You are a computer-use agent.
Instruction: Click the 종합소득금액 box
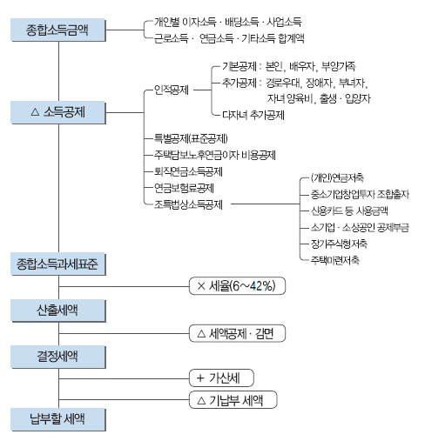pyautogui.click(x=58, y=30)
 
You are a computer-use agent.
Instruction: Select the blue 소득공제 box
pyautogui.click(x=58, y=112)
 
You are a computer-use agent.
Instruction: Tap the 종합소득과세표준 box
pyautogui.click(x=58, y=264)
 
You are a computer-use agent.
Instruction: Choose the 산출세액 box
pyautogui.click(x=58, y=311)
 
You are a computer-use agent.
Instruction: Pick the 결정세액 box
pyautogui.click(x=58, y=357)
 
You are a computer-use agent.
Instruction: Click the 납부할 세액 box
pyautogui.click(x=58, y=419)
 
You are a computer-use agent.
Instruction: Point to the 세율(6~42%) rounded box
pyautogui.click(x=237, y=286)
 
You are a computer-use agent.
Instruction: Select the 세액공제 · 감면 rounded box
pyautogui.click(x=237, y=333)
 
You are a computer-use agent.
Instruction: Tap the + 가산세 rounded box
pyautogui.click(x=221, y=378)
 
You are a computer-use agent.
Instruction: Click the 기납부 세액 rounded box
pyautogui.click(x=233, y=400)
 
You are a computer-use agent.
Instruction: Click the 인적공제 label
pyautogui.click(x=172, y=90)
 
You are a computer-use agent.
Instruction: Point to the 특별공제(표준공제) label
pyautogui.click(x=191, y=138)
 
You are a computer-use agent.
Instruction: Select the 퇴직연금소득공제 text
pyautogui.click(x=188, y=171)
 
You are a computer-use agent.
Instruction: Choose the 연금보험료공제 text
pyautogui.click(x=184, y=188)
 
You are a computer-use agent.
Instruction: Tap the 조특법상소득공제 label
pyautogui.click(x=188, y=204)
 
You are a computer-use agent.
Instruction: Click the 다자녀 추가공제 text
pyautogui.click(x=253, y=115)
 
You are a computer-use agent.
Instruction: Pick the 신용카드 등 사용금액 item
pyautogui.click(x=349, y=210)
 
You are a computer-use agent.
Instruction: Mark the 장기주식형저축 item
pyautogui.click(x=339, y=244)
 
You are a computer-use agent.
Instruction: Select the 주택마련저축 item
pyautogui.click(x=335, y=260)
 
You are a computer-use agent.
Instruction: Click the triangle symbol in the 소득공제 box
pyautogui.click(x=35, y=112)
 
